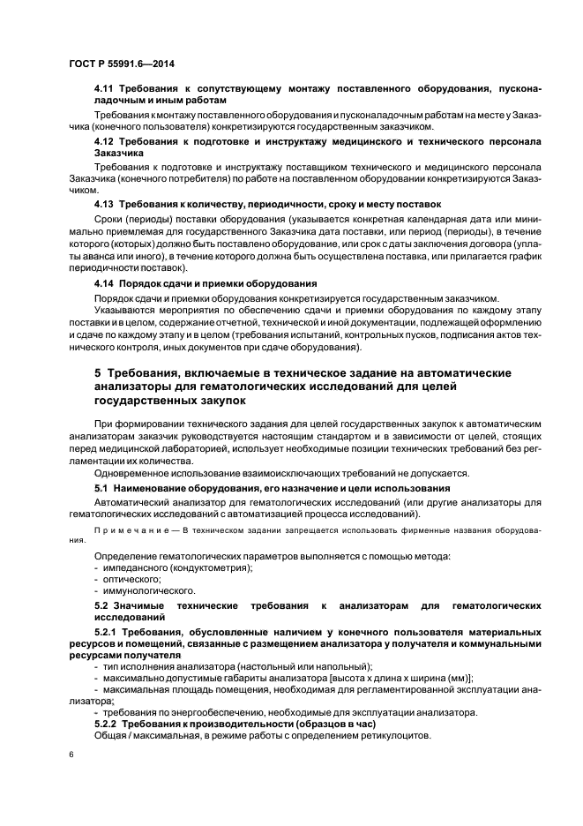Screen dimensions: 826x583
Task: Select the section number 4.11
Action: click(x=105, y=90)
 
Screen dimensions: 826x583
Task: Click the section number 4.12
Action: click(x=105, y=141)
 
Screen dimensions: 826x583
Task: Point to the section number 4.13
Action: click(x=105, y=203)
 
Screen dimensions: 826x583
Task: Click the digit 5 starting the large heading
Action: click(x=98, y=373)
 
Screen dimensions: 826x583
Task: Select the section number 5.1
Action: click(x=102, y=487)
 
